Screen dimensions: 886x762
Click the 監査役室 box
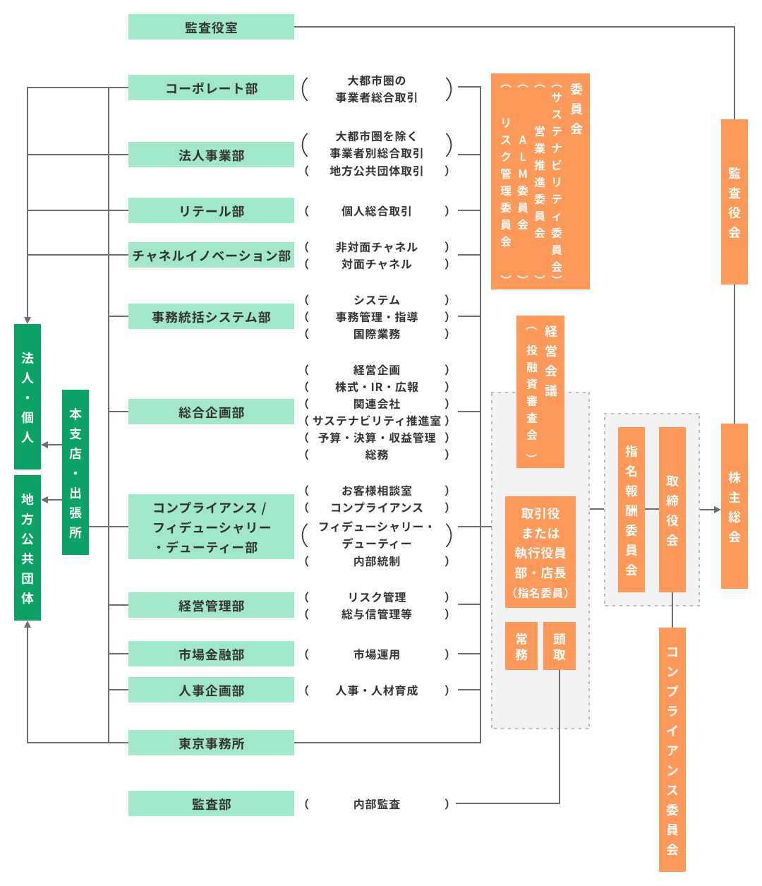pos(211,27)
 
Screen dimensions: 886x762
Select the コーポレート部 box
pos(211,88)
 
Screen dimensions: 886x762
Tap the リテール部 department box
pos(211,210)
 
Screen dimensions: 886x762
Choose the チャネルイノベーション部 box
pos(211,255)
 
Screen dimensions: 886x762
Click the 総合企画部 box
pos(211,412)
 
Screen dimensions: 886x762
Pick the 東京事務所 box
pos(211,743)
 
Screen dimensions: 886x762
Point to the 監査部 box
pos(211,803)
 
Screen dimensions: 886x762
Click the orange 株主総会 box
pos(734,506)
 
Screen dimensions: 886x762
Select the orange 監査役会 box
pos(734,202)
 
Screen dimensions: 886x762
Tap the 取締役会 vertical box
pos(672,510)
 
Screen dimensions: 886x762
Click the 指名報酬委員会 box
pos(631,510)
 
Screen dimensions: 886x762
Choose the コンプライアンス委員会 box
pos(672,750)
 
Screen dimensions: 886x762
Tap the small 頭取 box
pos(560,646)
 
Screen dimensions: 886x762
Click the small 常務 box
pos(521,646)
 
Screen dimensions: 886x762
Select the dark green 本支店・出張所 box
pos(75,472)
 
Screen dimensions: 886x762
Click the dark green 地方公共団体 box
pos(28,548)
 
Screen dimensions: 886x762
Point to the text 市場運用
pos(376,654)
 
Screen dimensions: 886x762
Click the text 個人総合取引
pos(376,210)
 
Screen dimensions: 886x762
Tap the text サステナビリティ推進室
pos(376,420)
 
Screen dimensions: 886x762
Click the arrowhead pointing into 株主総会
pos(717,509)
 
